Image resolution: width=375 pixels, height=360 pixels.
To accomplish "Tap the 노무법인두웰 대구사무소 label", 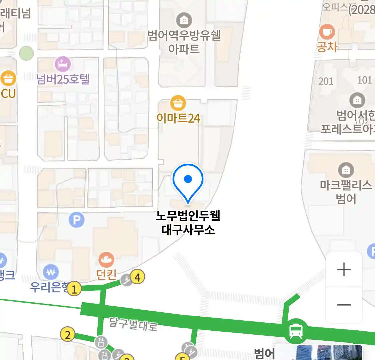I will [x=188, y=223].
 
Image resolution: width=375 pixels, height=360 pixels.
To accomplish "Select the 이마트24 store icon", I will [x=178, y=103].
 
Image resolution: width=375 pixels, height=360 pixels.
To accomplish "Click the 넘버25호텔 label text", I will [x=63, y=79].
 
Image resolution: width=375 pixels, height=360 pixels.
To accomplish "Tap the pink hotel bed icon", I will [x=63, y=64].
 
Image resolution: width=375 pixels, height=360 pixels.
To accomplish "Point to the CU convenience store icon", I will [x=8, y=79].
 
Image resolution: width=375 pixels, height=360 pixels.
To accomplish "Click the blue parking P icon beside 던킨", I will [x=77, y=220].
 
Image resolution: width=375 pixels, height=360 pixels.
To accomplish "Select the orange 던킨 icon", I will [x=106, y=260].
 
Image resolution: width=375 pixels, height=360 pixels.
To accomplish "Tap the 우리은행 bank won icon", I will [x=51, y=273].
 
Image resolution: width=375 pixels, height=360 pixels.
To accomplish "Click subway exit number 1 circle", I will [x=74, y=289].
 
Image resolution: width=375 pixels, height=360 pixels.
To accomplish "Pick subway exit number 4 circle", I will [x=137, y=277].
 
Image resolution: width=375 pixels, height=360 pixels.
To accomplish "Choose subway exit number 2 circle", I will [x=68, y=334].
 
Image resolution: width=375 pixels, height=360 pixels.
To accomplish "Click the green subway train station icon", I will [x=296, y=331].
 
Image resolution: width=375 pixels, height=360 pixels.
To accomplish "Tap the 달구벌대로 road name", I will [x=133, y=324].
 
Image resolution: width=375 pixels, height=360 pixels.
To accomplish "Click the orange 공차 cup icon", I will [x=327, y=32].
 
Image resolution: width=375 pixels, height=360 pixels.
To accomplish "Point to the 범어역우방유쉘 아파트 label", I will [x=184, y=42].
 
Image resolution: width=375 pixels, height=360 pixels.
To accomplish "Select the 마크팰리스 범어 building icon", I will [x=346, y=170].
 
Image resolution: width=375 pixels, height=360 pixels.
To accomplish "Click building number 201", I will [x=326, y=81].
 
